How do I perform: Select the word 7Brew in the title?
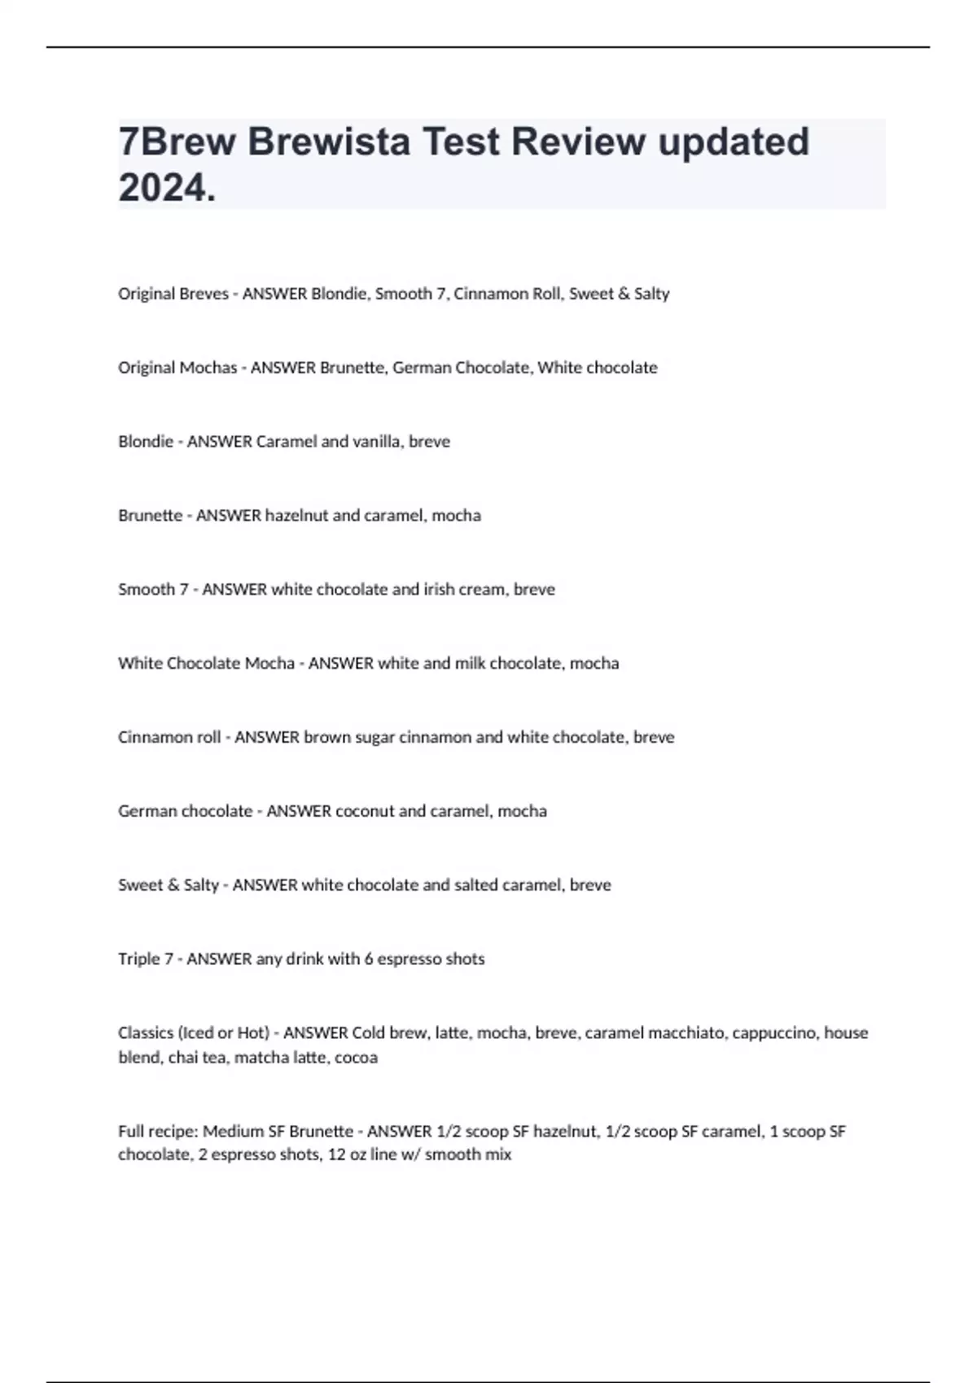pos(177,142)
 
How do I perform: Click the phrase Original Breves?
pos(173,294)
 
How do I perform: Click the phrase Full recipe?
pos(158,1132)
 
